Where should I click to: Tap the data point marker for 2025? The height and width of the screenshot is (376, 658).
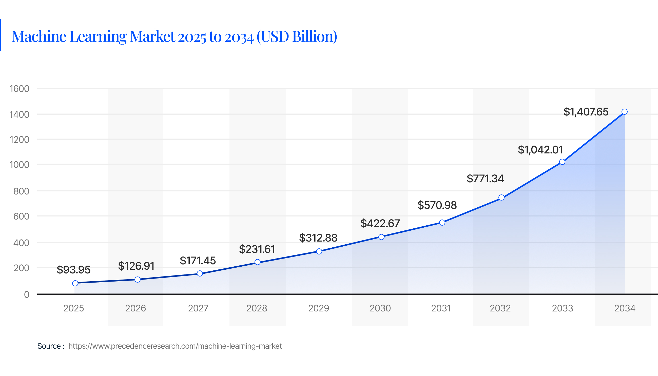click(75, 283)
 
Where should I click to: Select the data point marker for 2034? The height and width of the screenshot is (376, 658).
click(624, 112)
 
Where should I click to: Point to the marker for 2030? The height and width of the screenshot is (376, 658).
click(381, 237)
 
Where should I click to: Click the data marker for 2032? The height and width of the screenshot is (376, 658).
click(501, 197)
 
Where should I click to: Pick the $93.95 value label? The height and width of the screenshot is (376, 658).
click(74, 270)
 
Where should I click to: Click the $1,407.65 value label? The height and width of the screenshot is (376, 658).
click(586, 112)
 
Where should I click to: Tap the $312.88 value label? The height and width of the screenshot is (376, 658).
click(318, 238)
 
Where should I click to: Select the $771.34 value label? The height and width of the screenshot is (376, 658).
click(485, 179)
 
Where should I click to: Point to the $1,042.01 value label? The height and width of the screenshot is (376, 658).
click(540, 150)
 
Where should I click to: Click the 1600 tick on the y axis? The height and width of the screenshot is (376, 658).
click(19, 89)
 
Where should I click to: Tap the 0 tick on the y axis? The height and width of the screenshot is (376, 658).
click(27, 294)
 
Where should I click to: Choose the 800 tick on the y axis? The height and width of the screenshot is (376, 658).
click(21, 191)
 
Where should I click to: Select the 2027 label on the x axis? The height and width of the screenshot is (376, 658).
click(198, 308)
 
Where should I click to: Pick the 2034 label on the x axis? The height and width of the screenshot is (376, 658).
click(624, 308)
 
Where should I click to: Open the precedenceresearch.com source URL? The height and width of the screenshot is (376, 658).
click(175, 346)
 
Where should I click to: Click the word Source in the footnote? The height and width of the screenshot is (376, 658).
click(49, 346)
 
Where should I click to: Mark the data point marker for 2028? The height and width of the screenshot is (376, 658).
click(258, 262)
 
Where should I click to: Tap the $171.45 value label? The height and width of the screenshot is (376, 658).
click(198, 261)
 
